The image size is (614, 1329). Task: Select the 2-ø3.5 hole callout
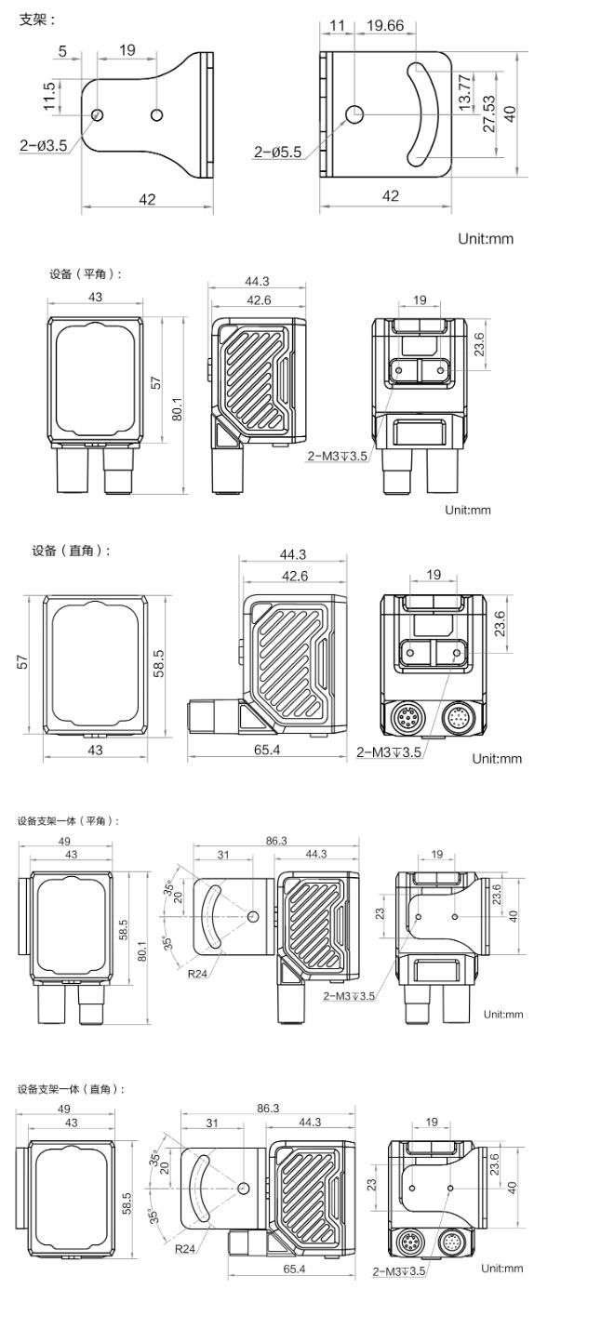coord(43,144)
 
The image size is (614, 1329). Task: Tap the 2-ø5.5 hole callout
coord(277,153)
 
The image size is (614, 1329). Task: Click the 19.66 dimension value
coord(385,26)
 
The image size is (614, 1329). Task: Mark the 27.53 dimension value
coord(487,113)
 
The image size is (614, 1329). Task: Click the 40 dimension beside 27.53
coord(509,113)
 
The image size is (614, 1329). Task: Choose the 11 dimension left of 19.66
coord(337,26)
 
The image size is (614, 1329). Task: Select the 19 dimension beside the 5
coord(127,51)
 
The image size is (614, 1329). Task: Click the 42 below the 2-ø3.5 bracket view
coord(147,198)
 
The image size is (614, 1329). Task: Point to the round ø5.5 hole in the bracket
coord(354,113)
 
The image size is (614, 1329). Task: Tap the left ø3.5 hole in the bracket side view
coord(97,114)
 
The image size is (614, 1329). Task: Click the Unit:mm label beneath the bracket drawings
coord(485,239)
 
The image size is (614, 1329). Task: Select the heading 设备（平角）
coord(86,274)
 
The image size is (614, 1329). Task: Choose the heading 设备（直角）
coord(72,551)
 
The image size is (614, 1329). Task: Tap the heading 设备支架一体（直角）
coord(71,1088)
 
